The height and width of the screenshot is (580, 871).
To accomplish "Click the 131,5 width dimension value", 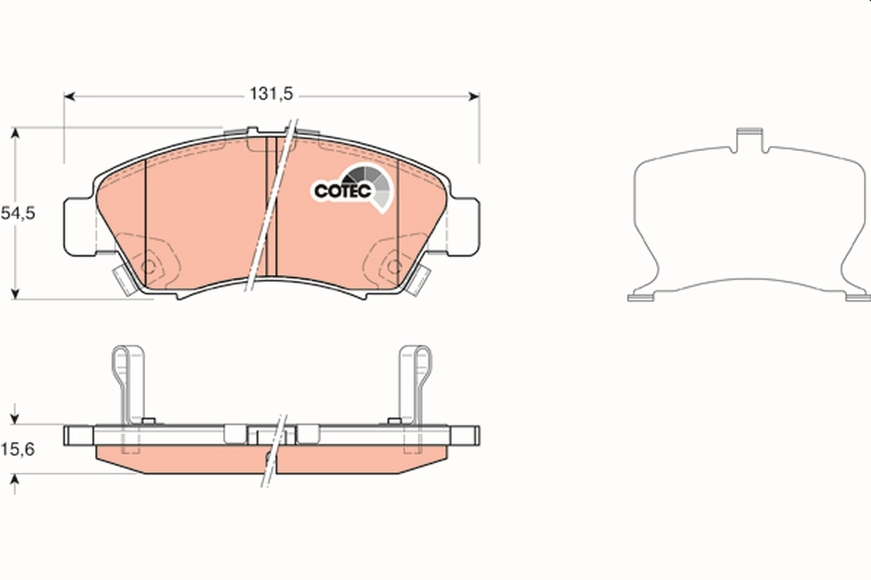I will [271, 94].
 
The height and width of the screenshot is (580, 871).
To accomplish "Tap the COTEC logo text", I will [343, 191].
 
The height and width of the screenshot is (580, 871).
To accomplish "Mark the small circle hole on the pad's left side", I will [152, 265].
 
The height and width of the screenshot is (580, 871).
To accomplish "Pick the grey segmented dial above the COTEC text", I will [367, 178].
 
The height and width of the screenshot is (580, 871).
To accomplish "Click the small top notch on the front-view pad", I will [251, 131].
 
